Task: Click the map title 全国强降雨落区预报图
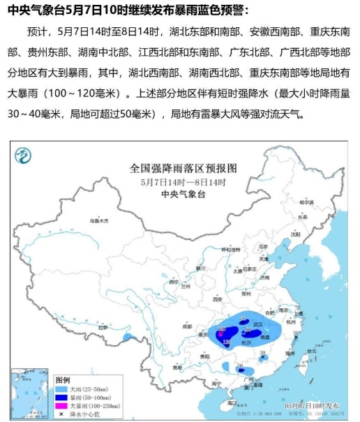tap(184, 168)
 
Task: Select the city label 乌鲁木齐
tap(100, 220)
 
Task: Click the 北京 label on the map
tap(262, 246)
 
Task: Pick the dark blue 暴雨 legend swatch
tap(61, 396)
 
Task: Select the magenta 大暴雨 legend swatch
tap(61, 404)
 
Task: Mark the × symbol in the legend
tap(61, 412)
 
